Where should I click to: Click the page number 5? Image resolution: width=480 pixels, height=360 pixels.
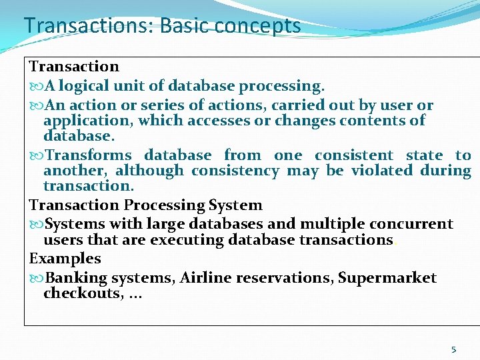pyautogui.click(x=454, y=349)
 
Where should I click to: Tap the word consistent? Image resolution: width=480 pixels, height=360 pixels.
pyautogui.click(x=354, y=155)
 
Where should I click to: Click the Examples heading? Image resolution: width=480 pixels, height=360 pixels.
pyautogui.click(x=65, y=258)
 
